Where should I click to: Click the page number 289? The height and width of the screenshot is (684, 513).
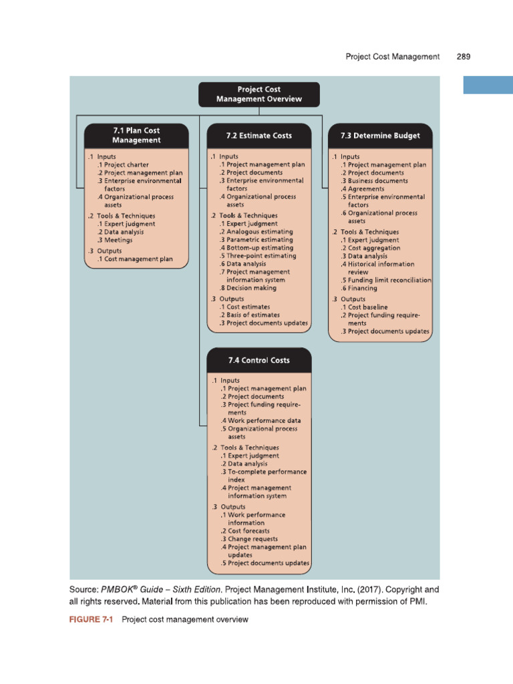[x=464, y=57]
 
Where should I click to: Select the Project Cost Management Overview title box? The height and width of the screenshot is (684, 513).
[x=259, y=94]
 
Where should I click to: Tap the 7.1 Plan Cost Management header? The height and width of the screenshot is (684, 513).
[x=136, y=136]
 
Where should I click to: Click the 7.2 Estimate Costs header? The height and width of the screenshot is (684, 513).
[x=259, y=136]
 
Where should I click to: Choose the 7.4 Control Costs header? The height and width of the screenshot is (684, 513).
[x=259, y=360]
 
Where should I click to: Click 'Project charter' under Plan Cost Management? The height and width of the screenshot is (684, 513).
[x=126, y=164]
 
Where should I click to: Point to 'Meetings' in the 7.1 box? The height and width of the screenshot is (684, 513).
[x=114, y=240]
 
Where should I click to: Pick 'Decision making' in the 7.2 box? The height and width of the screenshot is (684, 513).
[x=251, y=288]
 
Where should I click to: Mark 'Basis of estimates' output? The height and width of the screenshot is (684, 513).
[x=253, y=315]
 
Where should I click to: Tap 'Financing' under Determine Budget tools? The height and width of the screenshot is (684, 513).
[x=363, y=288]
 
